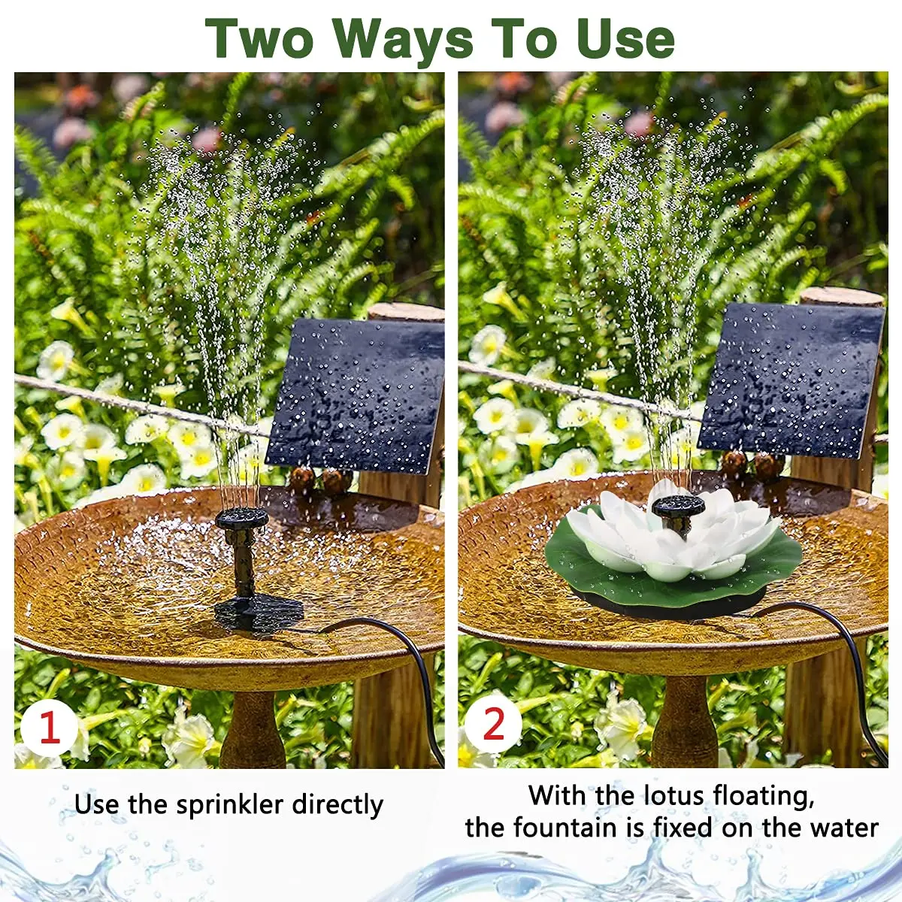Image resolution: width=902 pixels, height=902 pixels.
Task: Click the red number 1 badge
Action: [49, 728]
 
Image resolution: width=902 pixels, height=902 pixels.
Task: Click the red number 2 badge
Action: [493, 724]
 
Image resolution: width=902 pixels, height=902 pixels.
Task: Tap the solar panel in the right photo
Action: [791, 380]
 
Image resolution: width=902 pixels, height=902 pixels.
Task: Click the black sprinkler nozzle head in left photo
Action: [242, 517]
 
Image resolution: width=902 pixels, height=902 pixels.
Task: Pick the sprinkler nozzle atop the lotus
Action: [678, 506]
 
